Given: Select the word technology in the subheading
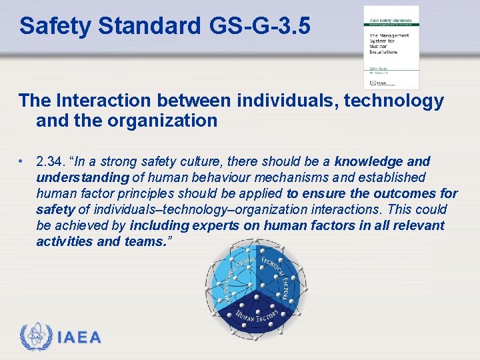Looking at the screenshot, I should [394, 101].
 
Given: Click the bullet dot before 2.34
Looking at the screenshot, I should [22, 162].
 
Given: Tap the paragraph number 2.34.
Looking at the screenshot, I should [52, 162].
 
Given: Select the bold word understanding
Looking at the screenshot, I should [82, 178].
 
